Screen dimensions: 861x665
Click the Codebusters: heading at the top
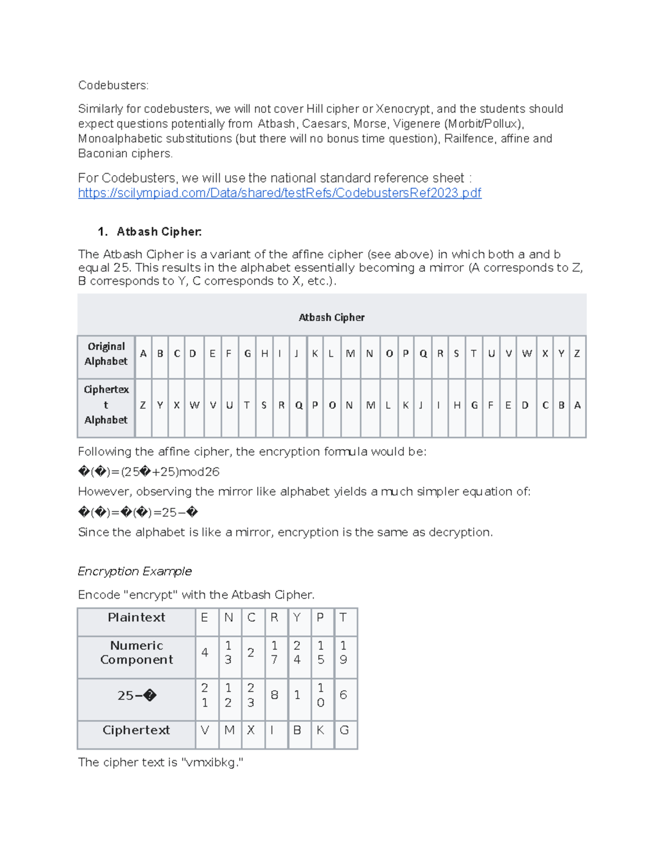[113, 85]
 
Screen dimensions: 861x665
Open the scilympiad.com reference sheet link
[279, 193]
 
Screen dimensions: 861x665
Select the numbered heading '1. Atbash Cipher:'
[150, 232]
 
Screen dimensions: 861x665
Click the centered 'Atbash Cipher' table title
[331, 317]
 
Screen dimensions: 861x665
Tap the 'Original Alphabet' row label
[106, 354]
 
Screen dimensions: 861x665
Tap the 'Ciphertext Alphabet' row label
[106, 405]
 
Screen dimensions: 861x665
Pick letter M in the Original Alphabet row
[350, 354]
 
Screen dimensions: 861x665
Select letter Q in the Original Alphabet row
[423, 354]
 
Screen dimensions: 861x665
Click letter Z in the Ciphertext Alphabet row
[143, 405]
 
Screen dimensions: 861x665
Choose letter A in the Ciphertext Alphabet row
[577, 405]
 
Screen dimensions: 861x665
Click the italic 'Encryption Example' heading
[135, 571]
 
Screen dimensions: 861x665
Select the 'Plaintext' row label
[136, 618]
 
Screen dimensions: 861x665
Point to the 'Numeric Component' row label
[136, 653]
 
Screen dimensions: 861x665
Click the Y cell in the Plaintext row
[297, 618]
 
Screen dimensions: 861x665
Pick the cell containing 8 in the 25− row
[274, 695]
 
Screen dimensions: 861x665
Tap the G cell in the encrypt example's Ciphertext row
[344, 730]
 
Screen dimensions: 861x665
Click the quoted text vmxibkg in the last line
[212, 762]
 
